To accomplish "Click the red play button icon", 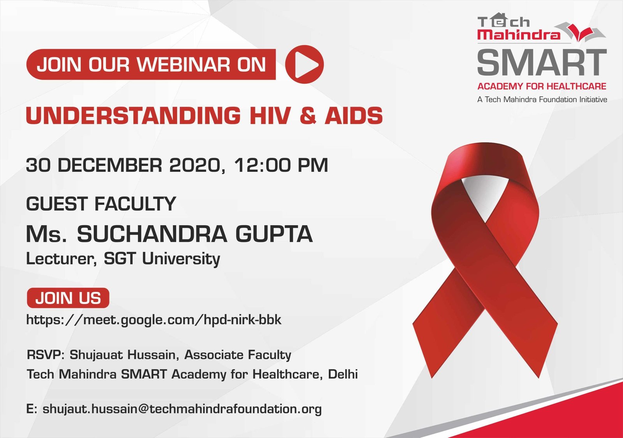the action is coord(304,64).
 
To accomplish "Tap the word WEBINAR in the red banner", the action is coord(183,65).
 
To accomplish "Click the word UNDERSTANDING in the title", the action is coord(133,115).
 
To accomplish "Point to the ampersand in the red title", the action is coord(308,115).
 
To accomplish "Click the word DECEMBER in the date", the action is coord(110,165).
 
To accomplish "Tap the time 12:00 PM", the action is coord(281,165).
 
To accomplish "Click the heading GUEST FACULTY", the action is coord(101,203).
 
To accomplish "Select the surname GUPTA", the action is coord(274,234).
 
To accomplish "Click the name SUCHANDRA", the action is coord(152,234).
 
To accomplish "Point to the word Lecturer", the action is coord(61,259).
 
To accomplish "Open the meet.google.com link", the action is coord(154,320).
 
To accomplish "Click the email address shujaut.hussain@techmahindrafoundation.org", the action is coord(182,409).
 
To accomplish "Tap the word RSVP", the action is coord(46,355).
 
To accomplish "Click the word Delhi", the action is coord(343,374).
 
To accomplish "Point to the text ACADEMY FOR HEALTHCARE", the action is coord(542,86).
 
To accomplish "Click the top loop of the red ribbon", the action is coord(485,167).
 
